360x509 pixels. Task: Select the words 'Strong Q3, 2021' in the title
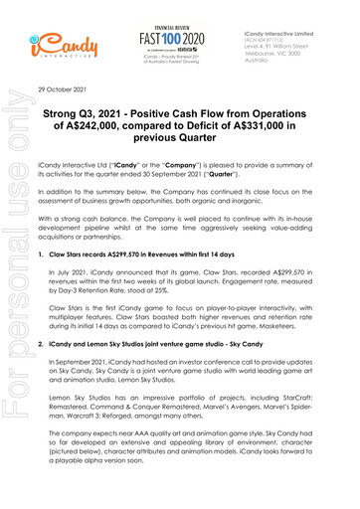click(110, 114)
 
